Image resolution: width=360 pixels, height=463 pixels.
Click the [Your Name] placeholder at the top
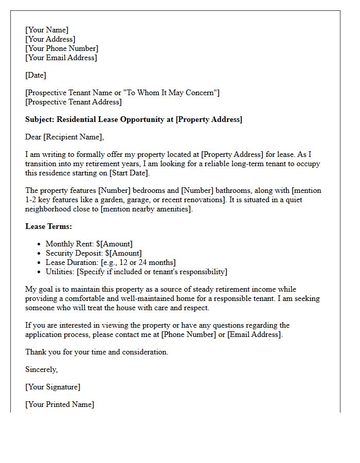[x=47, y=30]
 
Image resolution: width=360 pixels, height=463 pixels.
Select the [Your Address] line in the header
[x=50, y=39]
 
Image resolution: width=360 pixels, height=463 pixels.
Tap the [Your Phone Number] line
[x=62, y=48]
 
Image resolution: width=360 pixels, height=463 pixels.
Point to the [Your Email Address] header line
[x=61, y=58]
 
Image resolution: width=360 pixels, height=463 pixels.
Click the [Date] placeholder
[x=35, y=75]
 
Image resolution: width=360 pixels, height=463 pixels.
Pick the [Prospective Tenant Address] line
[x=74, y=102]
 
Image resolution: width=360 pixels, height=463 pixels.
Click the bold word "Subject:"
[x=40, y=119]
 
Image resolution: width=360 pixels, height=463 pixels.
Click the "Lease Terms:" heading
[x=48, y=226]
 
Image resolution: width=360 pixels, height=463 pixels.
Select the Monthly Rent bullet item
[x=89, y=244]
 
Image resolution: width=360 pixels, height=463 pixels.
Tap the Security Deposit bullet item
[x=94, y=253]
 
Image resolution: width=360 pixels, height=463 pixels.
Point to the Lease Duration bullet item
[x=111, y=262]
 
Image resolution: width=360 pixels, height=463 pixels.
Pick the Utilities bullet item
[x=136, y=272]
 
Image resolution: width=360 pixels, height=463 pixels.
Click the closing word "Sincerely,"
[x=42, y=369]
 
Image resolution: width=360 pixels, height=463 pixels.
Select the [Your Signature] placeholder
[x=52, y=387]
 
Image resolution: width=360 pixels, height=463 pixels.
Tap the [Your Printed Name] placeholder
[x=60, y=404]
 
